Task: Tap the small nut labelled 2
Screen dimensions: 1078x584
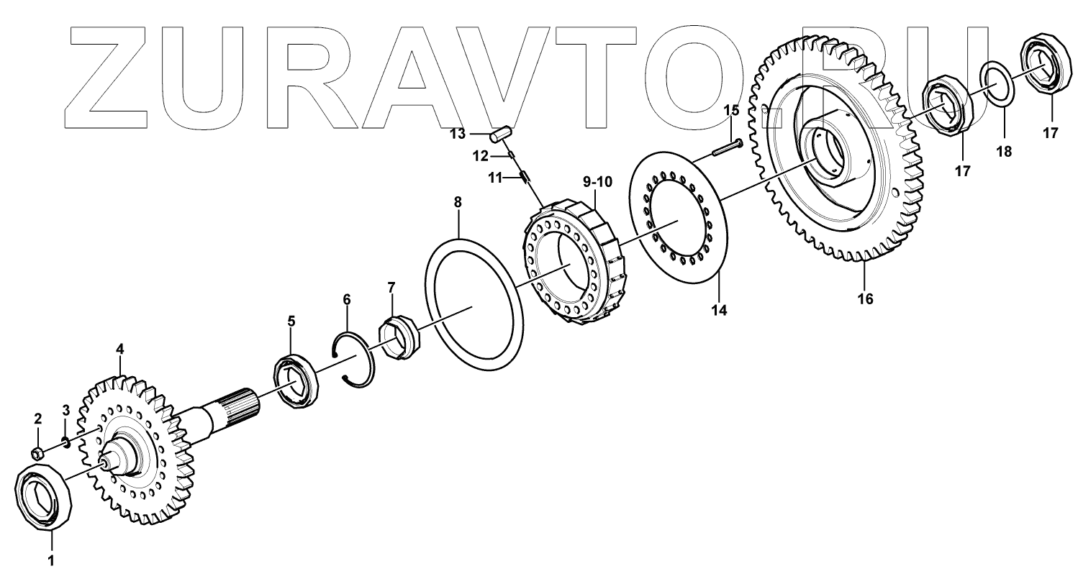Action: tap(38, 452)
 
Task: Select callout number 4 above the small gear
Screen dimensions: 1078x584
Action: tap(120, 350)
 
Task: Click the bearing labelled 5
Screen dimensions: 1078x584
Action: tap(294, 381)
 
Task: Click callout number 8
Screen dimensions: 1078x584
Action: tap(458, 204)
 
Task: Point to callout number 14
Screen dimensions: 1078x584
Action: tap(719, 310)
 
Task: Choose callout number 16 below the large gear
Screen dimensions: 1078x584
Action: tap(865, 298)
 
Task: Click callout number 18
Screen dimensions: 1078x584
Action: tap(1003, 152)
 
